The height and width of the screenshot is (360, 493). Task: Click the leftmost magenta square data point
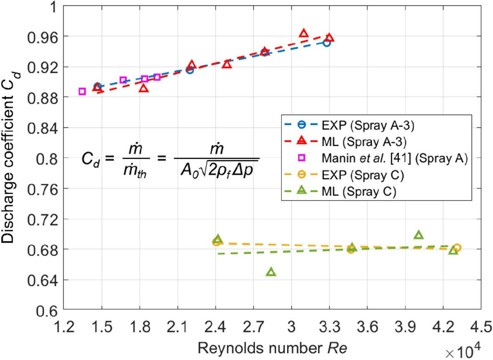[x=82, y=91]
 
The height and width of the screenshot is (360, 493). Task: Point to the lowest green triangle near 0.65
[x=271, y=272]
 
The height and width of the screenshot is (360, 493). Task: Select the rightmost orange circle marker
[x=457, y=248]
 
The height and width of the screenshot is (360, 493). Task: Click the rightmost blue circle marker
[x=327, y=43]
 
